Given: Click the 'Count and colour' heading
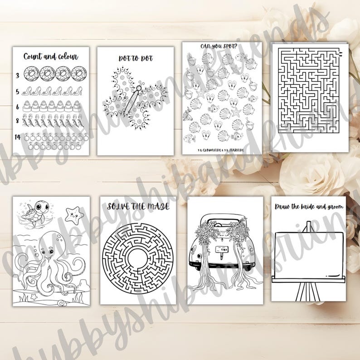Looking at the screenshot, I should pyautogui.click(x=51, y=57).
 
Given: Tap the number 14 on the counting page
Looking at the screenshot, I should pyautogui.click(x=18, y=136).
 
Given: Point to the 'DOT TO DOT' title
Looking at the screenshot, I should pyautogui.click(x=136, y=58).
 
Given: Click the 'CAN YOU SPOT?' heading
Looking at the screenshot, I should pyautogui.click(x=218, y=46).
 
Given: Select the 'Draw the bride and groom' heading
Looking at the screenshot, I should pyautogui.click(x=309, y=207).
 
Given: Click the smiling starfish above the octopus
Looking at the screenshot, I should pyautogui.click(x=74, y=213).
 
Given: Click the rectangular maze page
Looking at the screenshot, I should pyautogui.click(x=310, y=97).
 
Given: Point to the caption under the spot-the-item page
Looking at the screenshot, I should pyautogui.click(x=218, y=149).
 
